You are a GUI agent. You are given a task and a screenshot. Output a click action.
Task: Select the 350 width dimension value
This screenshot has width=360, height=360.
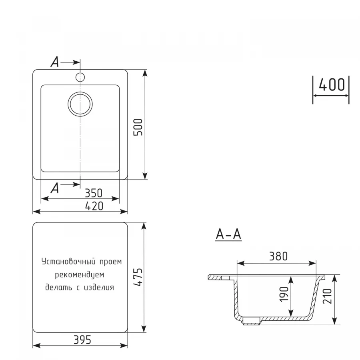(x=94, y=193)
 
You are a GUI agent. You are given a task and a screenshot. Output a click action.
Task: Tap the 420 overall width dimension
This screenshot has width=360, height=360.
(x=94, y=206)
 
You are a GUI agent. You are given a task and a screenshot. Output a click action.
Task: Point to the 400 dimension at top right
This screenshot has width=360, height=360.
(x=332, y=85)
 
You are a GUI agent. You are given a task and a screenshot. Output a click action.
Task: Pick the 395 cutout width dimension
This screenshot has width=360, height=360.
(x=82, y=340)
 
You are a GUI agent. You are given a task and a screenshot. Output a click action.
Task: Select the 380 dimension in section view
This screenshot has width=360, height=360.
(x=278, y=256)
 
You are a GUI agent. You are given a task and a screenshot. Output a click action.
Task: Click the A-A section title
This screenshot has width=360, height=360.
(x=228, y=235)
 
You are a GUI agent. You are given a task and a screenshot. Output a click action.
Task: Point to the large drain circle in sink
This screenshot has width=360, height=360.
(x=80, y=104)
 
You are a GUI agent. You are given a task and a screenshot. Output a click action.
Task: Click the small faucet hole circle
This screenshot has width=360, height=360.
(x=80, y=77)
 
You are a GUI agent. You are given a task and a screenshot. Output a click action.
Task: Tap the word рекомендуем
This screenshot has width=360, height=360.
(x=80, y=275)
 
